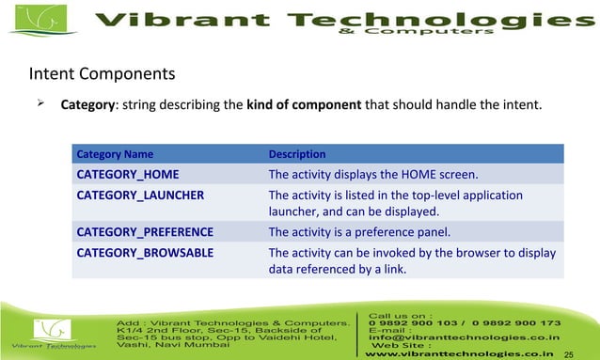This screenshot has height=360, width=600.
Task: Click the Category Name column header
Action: (115, 154)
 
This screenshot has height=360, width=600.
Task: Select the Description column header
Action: (297, 154)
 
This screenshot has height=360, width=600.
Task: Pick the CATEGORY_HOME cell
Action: (128, 174)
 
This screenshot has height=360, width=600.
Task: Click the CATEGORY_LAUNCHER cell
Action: (140, 196)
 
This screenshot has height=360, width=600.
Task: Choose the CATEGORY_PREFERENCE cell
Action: (145, 231)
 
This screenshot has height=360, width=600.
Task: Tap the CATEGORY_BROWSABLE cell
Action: (145, 253)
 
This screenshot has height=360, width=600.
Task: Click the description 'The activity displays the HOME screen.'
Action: (373, 174)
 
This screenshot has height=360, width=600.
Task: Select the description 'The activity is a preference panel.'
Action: (360, 231)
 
